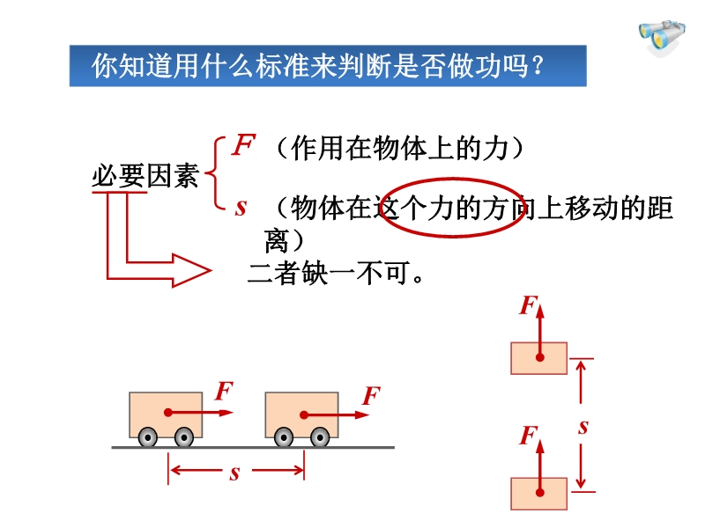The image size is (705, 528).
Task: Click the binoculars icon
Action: (x=662, y=37)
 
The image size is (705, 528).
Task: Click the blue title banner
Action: (x=328, y=65)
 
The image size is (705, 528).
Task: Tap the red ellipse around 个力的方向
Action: (x=452, y=180)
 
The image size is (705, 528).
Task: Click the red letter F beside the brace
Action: (x=243, y=144)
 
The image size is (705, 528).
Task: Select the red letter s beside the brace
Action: (x=241, y=208)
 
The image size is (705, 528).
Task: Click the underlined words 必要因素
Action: (x=145, y=175)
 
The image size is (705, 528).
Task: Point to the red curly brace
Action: (x=215, y=172)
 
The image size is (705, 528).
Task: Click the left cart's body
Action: (x=166, y=414)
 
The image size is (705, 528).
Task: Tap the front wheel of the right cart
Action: (x=320, y=436)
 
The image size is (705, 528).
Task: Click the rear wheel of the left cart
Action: (x=148, y=436)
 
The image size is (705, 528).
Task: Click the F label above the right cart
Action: (x=372, y=395)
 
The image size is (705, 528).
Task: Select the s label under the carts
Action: (x=234, y=473)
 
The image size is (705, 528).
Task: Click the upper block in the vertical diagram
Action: (x=538, y=358)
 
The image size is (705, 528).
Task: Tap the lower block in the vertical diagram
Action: (x=538, y=494)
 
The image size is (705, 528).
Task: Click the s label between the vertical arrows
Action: (x=583, y=427)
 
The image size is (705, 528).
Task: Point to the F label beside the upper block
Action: (x=528, y=305)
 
